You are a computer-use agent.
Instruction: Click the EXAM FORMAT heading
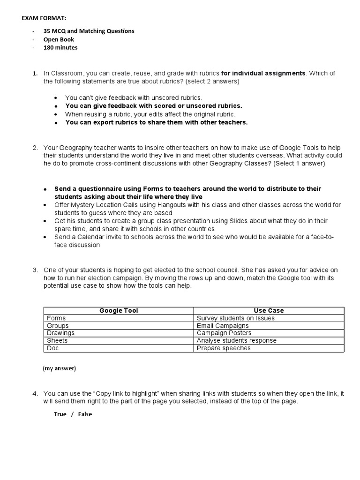(x=45, y=18)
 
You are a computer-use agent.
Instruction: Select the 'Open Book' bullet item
(x=59, y=39)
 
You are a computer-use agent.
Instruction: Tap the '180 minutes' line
(x=60, y=47)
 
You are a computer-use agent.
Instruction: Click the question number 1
(x=35, y=74)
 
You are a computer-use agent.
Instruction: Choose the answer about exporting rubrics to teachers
(x=156, y=122)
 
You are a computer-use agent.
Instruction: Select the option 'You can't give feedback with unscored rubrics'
(x=134, y=97)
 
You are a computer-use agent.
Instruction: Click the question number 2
(x=35, y=148)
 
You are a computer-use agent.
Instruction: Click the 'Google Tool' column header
(x=119, y=310)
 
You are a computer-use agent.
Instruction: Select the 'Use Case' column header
(x=269, y=310)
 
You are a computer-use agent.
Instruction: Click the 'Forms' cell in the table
(x=56, y=318)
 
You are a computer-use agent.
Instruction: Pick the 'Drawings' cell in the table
(x=60, y=333)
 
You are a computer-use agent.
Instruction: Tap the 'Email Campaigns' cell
(x=223, y=325)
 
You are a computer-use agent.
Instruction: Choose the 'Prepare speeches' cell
(x=224, y=348)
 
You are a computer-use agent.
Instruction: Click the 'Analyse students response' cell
(x=236, y=340)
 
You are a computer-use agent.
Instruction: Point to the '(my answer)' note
(x=59, y=368)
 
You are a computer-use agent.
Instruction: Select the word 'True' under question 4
(x=60, y=414)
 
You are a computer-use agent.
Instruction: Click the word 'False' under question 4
(x=85, y=414)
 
